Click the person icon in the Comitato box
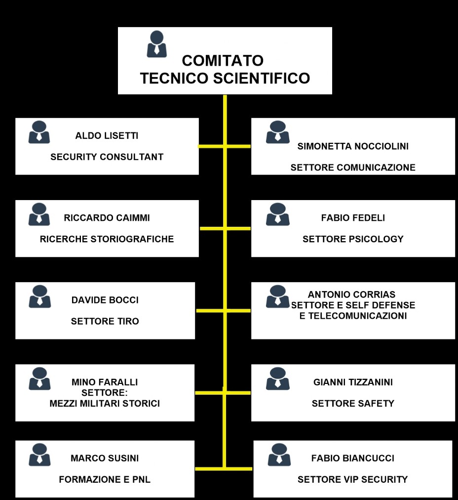pyautogui.click(x=156, y=44)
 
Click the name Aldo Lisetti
pyautogui.click(x=107, y=135)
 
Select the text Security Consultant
pyautogui.click(x=107, y=157)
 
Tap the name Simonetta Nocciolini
pyautogui.click(x=353, y=146)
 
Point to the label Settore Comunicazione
pyautogui.click(x=353, y=167)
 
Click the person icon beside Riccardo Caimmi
pyautogui.click(x=39, y=214)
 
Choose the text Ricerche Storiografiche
pyautogui.click(x=107, y=239)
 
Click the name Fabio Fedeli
pyautogui.click(x=353, y=218)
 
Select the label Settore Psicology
pyautogui.click(x=353, y=239)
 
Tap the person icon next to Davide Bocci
pyautogui.click(x=39, y=296)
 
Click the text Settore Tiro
pyautogui.click(x=105, y=321)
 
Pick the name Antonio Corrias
pyautogui.click(x=351, y=294)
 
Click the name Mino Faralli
pyautogui.click(x=105, y=382)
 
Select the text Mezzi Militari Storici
pyautogui.click(x=105, y=403)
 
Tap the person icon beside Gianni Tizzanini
pyautogui.click(x=277, y=378)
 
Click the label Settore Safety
pyautogui.click(x=353, y=403)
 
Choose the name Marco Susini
pyautogui.click(x=105, y=458)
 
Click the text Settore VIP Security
pyautogui.click(x=352, y=479)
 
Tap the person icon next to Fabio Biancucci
pyautogui.click(x=279, y=455)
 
